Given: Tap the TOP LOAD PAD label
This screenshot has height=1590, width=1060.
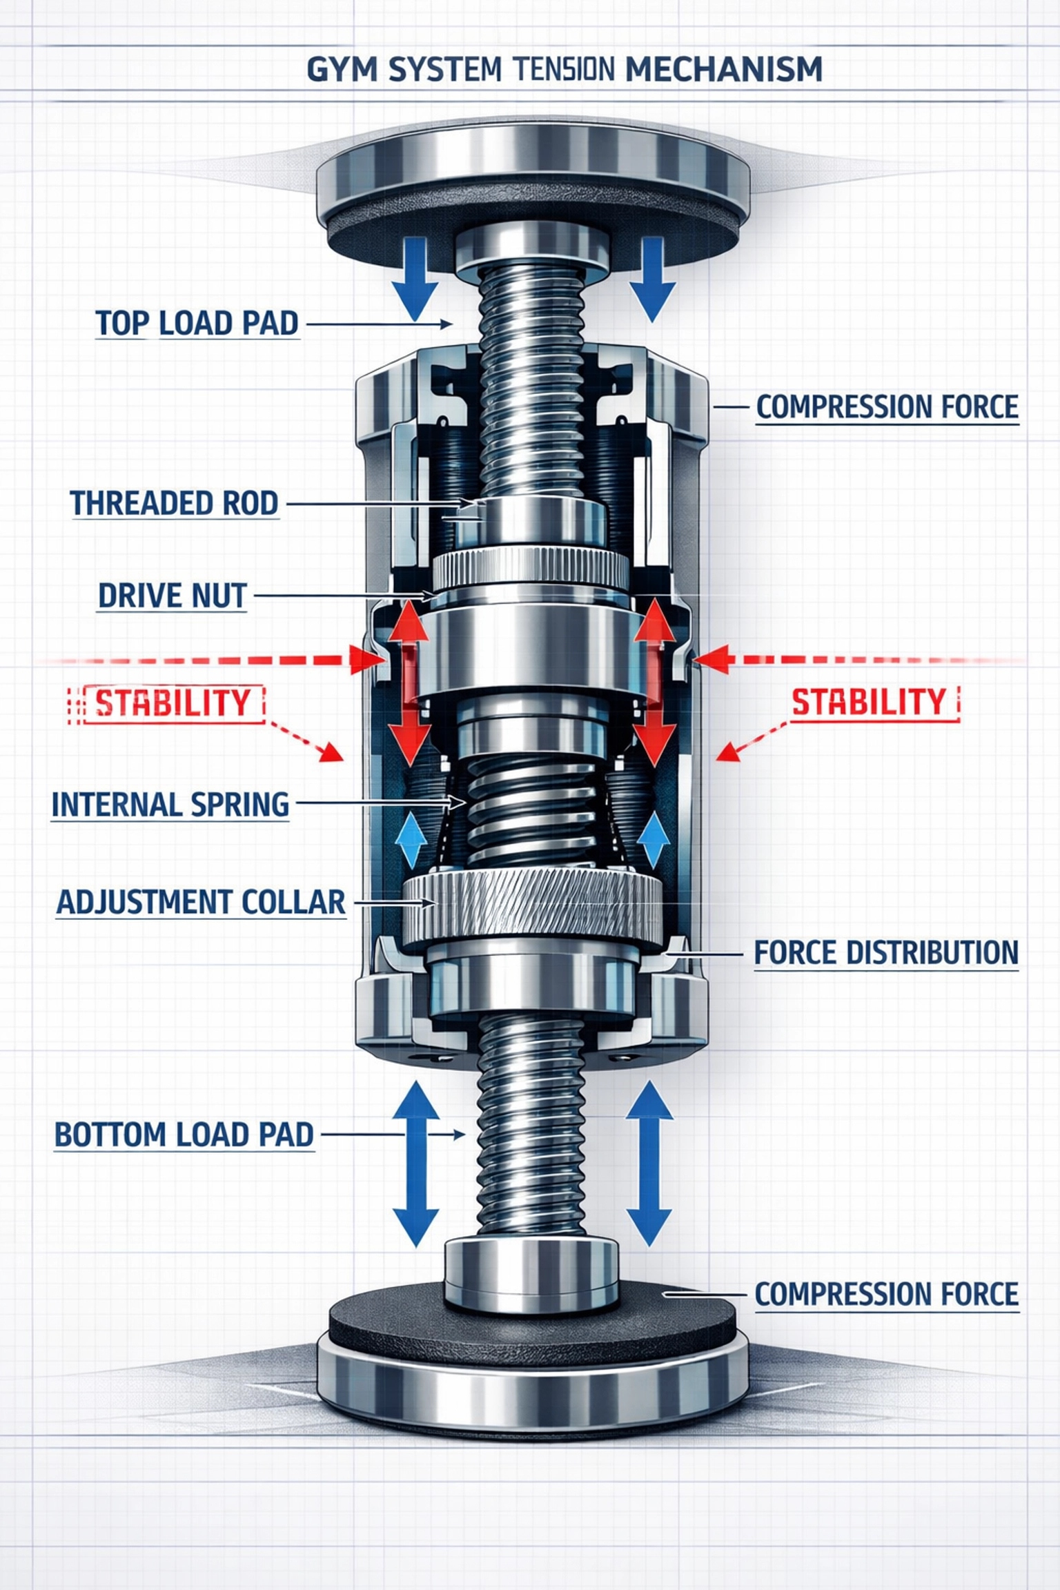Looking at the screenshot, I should tap(197, 323).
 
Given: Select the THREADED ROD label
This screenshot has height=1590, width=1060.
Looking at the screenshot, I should tap(174, 502).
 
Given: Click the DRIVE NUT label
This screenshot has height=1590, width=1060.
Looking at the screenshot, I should tap(172, 595).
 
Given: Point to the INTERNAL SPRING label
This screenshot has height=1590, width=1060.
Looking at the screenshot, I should tap(170, 804).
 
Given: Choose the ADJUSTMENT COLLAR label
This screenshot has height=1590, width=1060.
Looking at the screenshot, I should tap(200, 901).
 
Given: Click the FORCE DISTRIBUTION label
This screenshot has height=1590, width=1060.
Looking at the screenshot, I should tap(885, 952).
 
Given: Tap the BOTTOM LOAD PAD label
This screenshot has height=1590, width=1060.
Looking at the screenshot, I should tap(184, 1135).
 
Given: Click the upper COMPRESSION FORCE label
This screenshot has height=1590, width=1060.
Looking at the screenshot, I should tap(887, 406).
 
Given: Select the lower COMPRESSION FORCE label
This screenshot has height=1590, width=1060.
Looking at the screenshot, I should tap(886, 1293).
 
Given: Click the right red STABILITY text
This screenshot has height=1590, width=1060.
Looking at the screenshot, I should tap(869, 703).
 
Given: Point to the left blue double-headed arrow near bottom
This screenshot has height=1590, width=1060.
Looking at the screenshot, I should tap(415, 1164).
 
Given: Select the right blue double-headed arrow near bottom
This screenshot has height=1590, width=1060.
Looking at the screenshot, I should tap(649, 1164).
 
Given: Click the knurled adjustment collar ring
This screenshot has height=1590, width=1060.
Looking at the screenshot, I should tap(531, 905).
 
